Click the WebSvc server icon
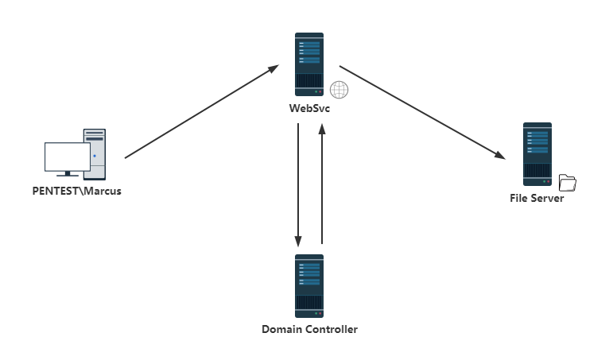click(308, 64)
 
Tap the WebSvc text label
click(309, 108)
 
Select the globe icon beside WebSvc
click(339, 90)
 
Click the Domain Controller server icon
click(308, 286)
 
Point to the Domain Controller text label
click(309, 329)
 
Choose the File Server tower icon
click(537, 154)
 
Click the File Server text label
click(537, 198)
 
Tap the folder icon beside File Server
click(567, 183)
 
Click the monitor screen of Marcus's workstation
click(68, 157)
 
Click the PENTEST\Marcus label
click(76, 192)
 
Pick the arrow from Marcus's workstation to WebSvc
click(202, 112)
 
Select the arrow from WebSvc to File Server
click(422, 113)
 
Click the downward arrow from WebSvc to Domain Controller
click(298, 185)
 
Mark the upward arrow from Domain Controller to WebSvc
click(322, 184)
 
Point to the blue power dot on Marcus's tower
click(95, 156)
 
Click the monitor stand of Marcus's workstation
click(68, 174)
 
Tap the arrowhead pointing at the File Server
click(499, 155)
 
